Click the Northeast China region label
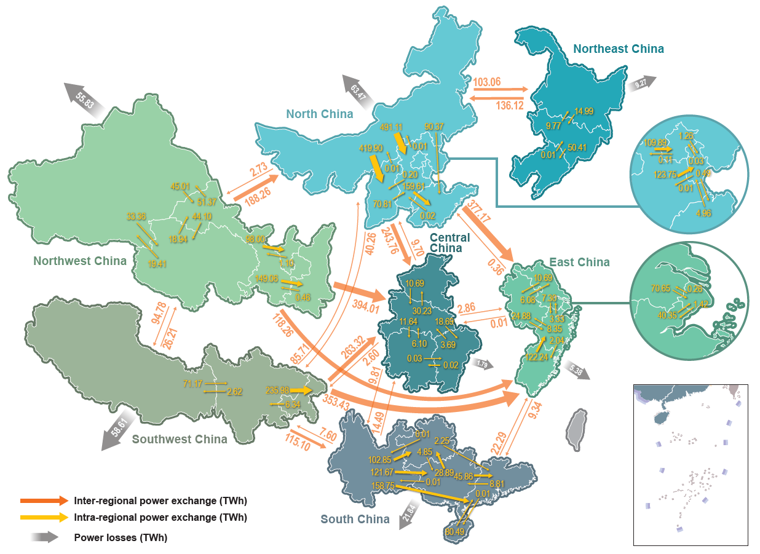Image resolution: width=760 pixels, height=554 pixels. pos(618,49)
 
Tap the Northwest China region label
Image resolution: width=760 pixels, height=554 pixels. pos(80,261)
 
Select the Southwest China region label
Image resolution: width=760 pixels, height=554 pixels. pos(180,439)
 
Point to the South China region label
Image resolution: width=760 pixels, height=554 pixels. pos(355,519)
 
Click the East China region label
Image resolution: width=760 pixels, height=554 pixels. pos(579,263)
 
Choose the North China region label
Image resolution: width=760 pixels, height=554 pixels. pos(319,114)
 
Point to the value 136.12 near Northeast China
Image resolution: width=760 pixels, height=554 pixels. pos(510,106)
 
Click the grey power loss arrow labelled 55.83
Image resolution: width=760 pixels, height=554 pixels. pos(84,97)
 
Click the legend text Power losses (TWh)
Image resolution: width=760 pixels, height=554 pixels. pos(121,537)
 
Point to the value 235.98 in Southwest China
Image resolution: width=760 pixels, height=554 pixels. pos(278,390)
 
